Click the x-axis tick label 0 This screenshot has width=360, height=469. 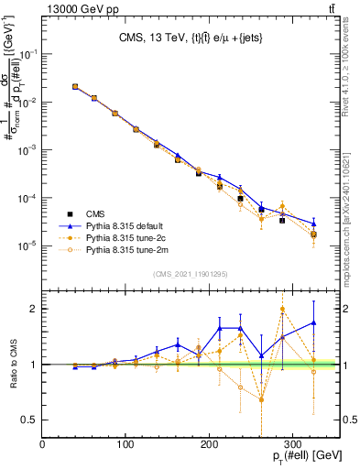point(43,444)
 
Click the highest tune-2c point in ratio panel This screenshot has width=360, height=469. point(282,309)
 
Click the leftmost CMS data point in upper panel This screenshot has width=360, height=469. point(74,87)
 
